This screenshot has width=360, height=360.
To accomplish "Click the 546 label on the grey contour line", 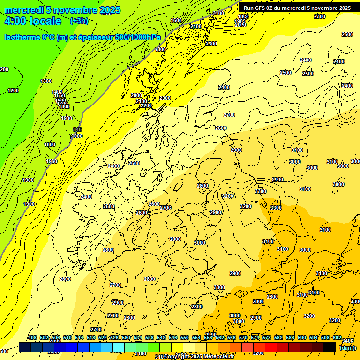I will pyautogui.click(x=77, y=130).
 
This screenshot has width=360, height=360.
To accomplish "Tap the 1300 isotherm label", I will pyautogui.click(x=46, y=81).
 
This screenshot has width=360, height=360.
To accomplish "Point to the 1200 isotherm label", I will pyautogui.click(x=13, y=90).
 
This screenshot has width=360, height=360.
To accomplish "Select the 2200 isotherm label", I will pyautogui.click(x=146, y=106).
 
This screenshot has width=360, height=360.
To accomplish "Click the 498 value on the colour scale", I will pyautogui.click(x=32, y=337).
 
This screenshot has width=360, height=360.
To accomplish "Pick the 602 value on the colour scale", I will pyautogui.click(x=337, y=337).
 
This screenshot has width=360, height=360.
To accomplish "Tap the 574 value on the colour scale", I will pyautogui.click(x=255, y=337).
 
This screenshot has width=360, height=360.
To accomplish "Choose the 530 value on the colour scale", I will pyautogui.click(x=126, y=337).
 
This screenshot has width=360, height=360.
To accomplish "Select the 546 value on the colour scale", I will pyautogui.click(x=173, y=337).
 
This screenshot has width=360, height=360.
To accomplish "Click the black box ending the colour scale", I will pyautogui.click(x=330, y=347).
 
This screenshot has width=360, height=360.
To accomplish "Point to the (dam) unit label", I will pyautogui.click(x=347, y=348).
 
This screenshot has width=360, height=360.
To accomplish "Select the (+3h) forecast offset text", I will pyautogui.click(x=78, y=21).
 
